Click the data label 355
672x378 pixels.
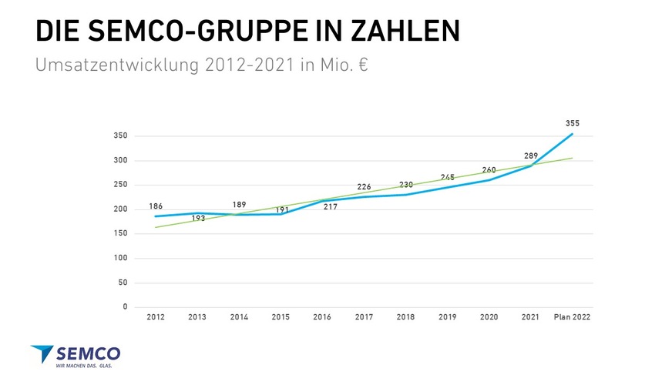(x=572, y=123)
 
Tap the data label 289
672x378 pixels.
(x=531, y=156)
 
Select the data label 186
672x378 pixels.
(x=156, y=207)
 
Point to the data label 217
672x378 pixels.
(x=331, y=207)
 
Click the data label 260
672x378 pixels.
(x=489, y=169)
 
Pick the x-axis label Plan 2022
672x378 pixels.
(x=572, y=317)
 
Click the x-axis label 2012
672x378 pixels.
(x=156, y=317)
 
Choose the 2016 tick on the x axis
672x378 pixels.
(x=322, y=317)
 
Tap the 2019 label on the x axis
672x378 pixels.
(x=447, y=317)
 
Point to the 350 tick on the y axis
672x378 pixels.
(x=119, y=136)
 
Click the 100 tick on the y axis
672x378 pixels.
(x=119, y=258)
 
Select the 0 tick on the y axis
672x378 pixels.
(x=125, y=307)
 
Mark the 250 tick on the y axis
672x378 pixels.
(x=119, y=185)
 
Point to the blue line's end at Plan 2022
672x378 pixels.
(x=572, y=134)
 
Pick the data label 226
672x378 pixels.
(x=365, y=187)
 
